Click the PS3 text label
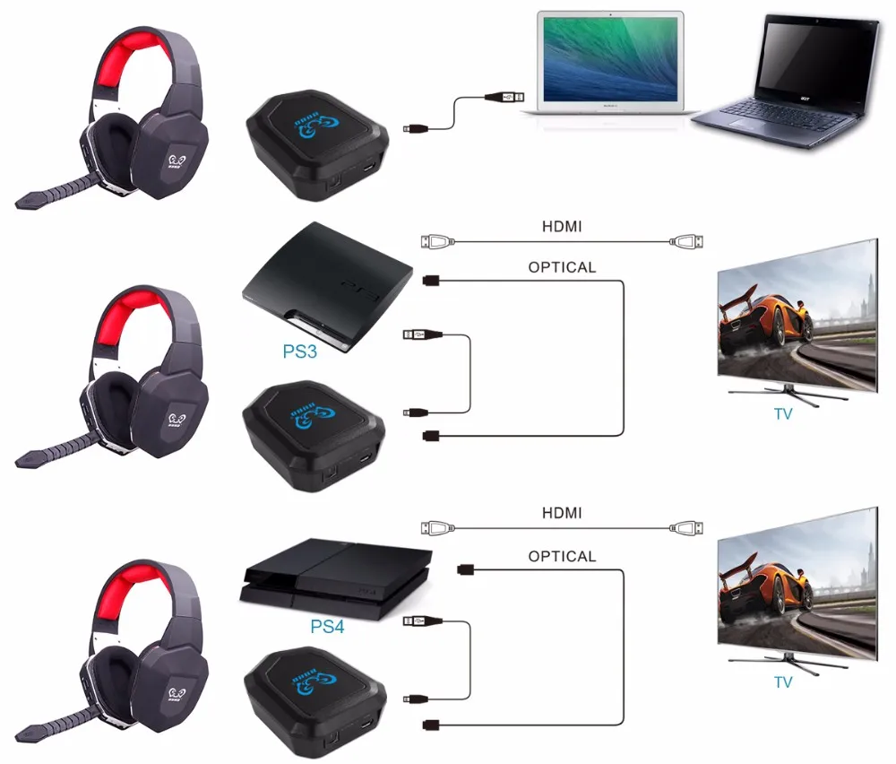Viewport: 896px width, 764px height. click(x=300, y=352)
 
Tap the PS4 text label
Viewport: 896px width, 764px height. click(x=327, y=626)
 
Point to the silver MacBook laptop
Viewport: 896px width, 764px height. click(x=609, y=58)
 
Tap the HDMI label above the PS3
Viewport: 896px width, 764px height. click(x=562, y=227)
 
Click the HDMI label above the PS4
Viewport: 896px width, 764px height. click(x=562, y=513)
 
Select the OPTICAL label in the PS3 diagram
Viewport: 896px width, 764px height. click(x=562, y=267)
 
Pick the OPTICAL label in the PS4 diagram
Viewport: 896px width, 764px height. click(x=562, y=556)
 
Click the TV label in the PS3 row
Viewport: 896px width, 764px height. click(x=783, y=414)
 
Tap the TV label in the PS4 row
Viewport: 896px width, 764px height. click(x=783, y=682)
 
